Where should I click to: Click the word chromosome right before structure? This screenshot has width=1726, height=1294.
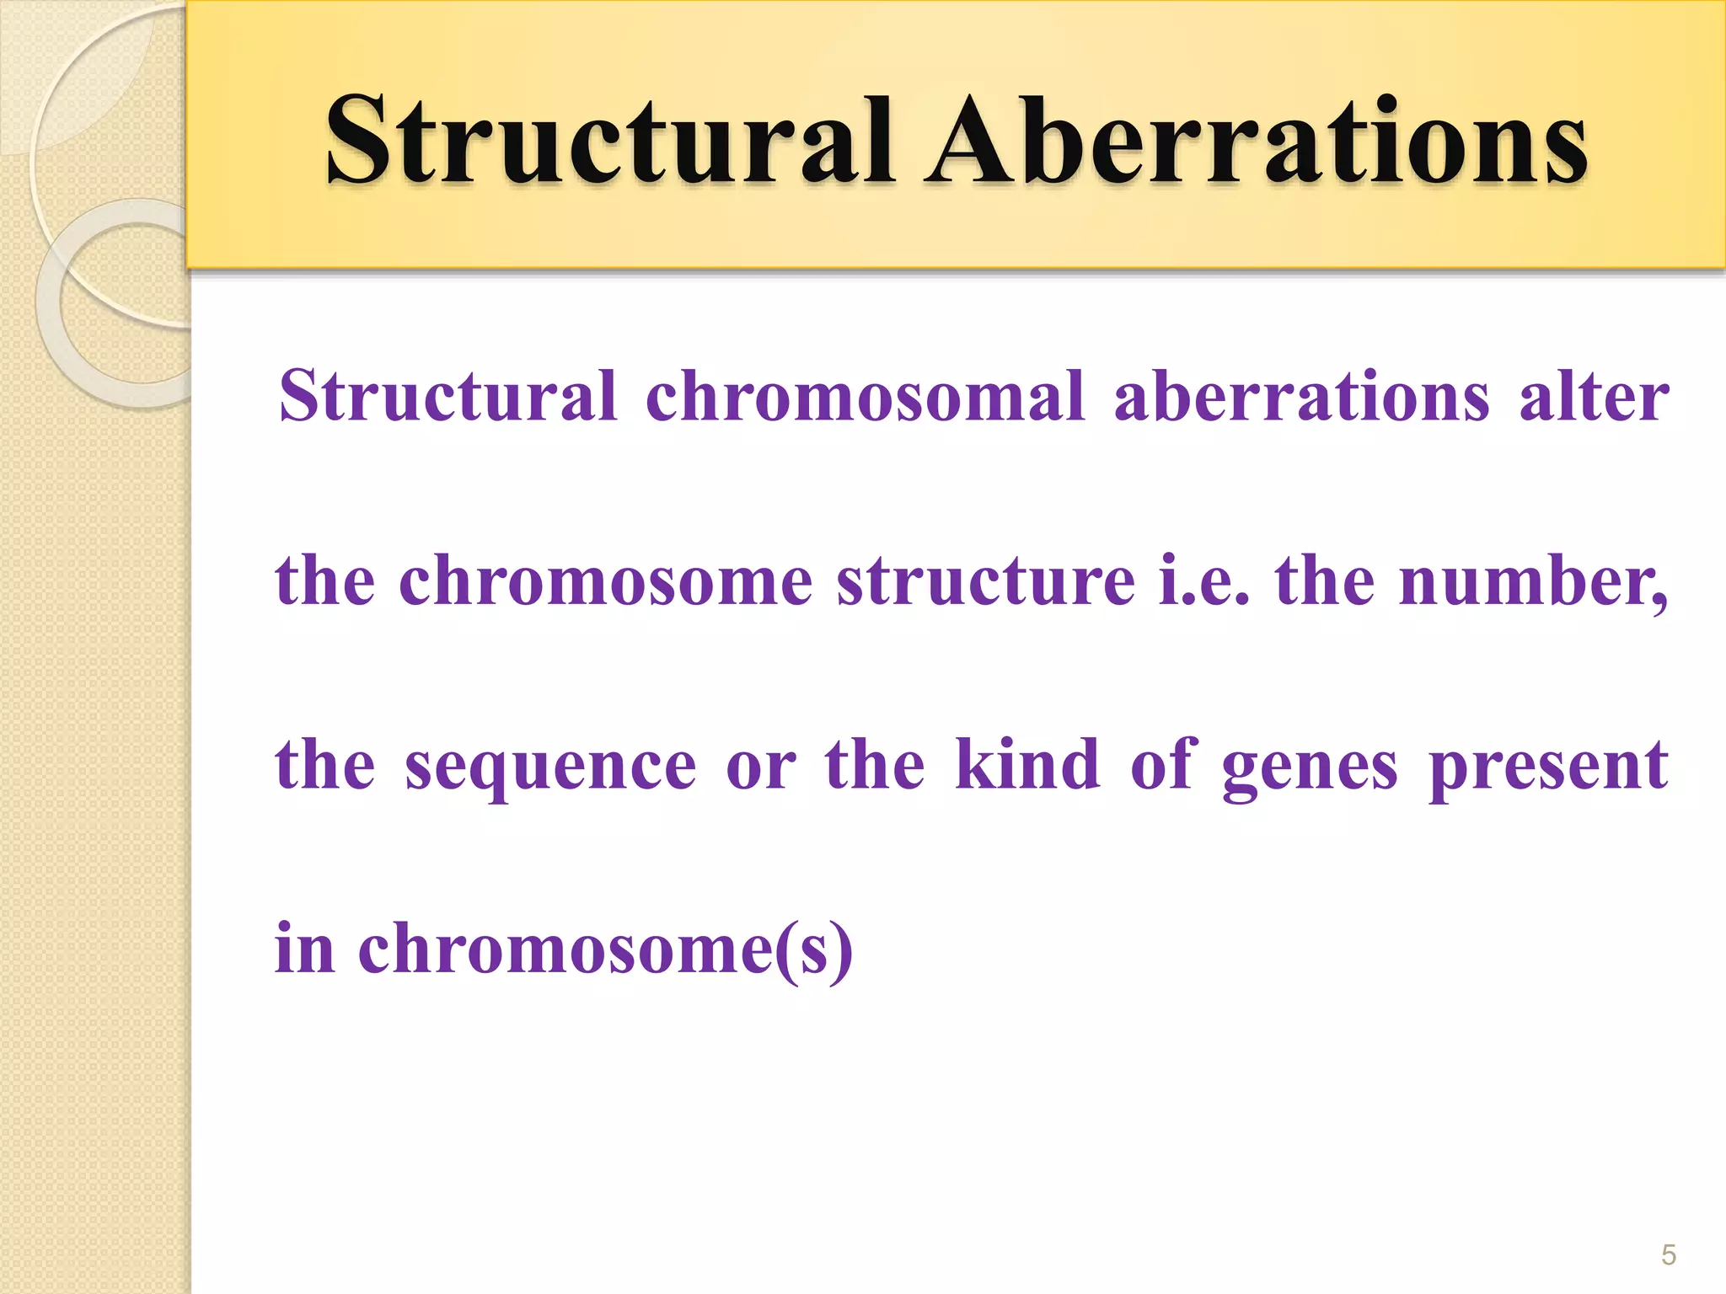[x=605, y=580]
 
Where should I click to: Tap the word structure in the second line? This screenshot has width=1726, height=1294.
[x=985, y=580]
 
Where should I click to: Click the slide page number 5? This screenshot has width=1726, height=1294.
[x=1668, y=1255]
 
